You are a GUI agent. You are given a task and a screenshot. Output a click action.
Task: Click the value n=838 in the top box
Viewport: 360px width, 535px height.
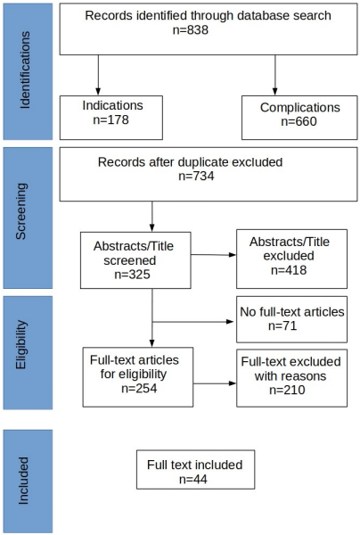[191, 30]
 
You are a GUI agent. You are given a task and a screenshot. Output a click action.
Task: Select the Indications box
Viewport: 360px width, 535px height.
[111, 118]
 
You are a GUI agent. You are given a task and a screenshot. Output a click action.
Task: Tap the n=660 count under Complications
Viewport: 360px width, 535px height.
[299, 121]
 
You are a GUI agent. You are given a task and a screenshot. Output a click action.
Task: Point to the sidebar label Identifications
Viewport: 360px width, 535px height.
[25, 70]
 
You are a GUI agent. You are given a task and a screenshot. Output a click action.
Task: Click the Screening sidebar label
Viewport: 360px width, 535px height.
[20, 211]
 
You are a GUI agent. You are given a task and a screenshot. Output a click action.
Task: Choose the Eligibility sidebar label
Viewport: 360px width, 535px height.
[20, 344]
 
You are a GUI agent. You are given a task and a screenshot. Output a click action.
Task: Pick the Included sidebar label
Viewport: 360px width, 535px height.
[23, 481]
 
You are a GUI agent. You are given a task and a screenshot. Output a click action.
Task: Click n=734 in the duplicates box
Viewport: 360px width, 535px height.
[196, 176]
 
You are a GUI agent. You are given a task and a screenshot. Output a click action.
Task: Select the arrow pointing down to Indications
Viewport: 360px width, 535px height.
[98, 75]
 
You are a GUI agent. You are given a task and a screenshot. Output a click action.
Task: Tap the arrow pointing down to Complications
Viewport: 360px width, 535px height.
[274, 75]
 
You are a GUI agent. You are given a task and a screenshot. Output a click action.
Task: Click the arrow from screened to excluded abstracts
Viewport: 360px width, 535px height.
[213, 255]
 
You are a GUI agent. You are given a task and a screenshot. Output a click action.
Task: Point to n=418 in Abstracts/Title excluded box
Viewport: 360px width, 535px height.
[289, 270]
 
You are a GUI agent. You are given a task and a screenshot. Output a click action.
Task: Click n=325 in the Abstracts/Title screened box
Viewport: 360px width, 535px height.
[132, 275]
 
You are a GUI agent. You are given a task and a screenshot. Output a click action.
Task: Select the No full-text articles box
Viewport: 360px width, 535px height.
[291, 319]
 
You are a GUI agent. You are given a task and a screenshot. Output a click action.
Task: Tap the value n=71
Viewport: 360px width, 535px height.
[282, 325]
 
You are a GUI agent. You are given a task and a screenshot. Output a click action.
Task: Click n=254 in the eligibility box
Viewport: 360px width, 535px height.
[139, 388]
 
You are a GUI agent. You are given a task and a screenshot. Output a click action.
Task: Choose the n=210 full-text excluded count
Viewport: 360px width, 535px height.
[287, 390]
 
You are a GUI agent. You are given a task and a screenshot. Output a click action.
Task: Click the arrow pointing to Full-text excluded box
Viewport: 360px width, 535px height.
[215, 383]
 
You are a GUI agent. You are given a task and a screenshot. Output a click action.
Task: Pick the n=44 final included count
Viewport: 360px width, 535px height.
[193, 480]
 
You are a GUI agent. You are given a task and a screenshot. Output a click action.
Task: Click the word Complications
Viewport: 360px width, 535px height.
[300, 108]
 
